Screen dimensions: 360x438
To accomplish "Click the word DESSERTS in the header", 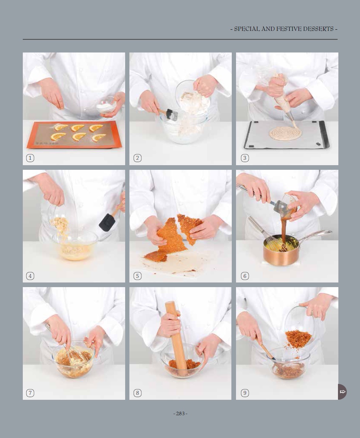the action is point(318,29).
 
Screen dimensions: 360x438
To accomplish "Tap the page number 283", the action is point(180,413).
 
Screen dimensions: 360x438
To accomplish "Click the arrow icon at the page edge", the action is point(342,392).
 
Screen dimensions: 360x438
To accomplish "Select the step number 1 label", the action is point(30,158).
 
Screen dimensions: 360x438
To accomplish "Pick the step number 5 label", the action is point(137,276).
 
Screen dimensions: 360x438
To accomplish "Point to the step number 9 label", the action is point(245,393).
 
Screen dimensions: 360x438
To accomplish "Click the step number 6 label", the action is point(245,276).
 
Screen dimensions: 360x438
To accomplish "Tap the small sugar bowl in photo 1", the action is point(106,105).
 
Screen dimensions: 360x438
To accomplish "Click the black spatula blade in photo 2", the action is point(172,115).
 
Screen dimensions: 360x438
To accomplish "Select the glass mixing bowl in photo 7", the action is point(74,360).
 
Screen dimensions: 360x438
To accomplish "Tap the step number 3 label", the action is point(245,158).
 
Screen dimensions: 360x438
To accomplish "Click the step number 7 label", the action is point(30,393).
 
